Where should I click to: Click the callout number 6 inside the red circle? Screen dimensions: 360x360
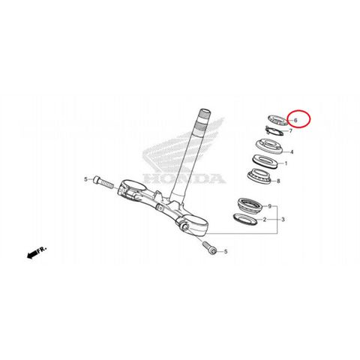[x=295, y=120]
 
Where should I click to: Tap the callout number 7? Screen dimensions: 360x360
[x=290, y=130]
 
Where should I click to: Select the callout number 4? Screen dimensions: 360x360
[x=292, y=152]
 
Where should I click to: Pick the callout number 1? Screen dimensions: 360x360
[x=286, y=163]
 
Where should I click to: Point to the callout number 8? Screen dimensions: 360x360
[x=278, y=181]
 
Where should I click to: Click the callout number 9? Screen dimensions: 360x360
[x=270, y=206]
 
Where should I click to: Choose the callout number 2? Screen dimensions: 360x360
[x=265, y=220]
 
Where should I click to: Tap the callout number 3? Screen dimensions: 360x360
[x=283, y=220]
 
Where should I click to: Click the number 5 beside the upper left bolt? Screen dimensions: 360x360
[x=86, y=179]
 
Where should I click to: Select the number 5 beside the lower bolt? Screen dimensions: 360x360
[x=226, y=251]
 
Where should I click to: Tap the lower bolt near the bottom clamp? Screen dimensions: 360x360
[x=209, y=248]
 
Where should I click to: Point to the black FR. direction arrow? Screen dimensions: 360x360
[x=31, y=255]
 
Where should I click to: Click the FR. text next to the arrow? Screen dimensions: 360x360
[x=42, y=249]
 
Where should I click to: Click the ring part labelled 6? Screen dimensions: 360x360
[x=277, y=120]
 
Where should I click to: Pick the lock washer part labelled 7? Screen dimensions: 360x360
[x=274, y=130]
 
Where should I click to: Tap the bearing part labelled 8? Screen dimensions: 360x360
[x=259, y=176]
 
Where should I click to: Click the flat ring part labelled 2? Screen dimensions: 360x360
[x=245, y=219]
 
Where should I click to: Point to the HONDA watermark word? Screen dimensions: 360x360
[x=184, y=178]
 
